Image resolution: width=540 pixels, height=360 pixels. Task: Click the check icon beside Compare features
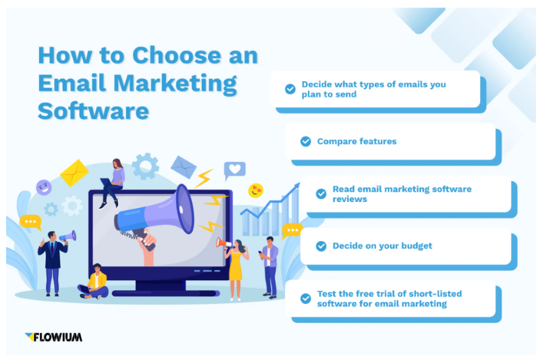click(305, 141)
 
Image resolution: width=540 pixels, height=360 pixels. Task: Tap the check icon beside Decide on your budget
click(321, 246)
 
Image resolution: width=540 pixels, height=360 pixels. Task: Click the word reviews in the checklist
click(350, 199)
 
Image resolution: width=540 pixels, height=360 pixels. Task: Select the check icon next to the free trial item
click(305, 299)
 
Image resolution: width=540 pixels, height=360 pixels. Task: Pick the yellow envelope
click(74, 173)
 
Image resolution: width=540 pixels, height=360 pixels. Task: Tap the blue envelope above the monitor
click(183, 166)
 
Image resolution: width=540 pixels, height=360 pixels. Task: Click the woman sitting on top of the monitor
click(113, 181)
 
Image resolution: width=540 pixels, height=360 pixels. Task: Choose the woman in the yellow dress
click(235, 266)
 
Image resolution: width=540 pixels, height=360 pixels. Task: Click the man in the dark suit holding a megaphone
click(52, 260)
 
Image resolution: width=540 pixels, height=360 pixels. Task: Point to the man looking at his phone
click(269, 265)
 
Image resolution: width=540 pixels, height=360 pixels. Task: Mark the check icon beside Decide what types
click(290, 89)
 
